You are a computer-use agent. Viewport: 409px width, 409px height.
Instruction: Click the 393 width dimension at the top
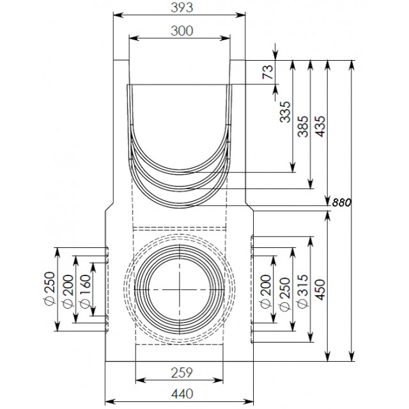pos(181,7)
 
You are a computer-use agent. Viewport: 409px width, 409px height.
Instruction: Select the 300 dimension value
pos(181,31)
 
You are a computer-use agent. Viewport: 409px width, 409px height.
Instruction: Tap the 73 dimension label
pos(268,72)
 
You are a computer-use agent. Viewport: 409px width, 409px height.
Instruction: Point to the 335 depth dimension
pos(285,112)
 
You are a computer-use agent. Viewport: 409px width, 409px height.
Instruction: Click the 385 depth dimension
pos(303,127)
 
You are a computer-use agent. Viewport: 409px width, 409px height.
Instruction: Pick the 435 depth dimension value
pos(321,127)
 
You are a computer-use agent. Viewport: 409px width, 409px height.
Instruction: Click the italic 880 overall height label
pos(341,203)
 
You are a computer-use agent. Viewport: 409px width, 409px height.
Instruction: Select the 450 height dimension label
pos(321,289)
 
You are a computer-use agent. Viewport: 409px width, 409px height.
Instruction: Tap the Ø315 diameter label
pos(303,291)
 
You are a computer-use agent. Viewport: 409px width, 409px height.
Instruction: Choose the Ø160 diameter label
pos(85,291)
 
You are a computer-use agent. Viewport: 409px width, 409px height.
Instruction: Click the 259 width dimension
pos(181,373)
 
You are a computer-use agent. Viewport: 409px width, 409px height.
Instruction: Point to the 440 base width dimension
pos(181,394)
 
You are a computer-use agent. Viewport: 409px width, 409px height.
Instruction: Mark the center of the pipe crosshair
pos(180,289)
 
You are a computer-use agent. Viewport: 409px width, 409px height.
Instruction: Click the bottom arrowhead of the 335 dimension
pos(293,167)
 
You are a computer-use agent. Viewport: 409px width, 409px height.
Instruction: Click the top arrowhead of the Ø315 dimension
pos(311,242)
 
